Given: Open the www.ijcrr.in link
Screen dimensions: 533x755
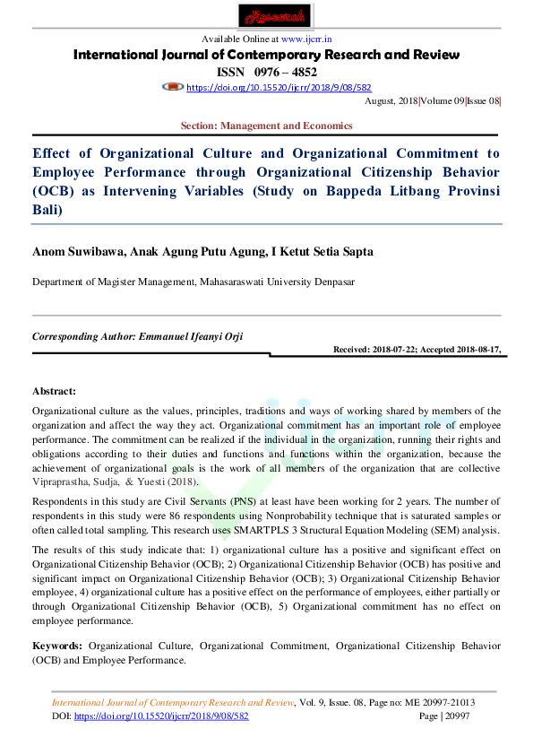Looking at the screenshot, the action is tap(306, 40).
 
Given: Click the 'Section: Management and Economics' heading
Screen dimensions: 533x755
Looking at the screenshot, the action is tap(266, 126).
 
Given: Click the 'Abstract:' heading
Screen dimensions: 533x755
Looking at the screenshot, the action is tap(54, 392).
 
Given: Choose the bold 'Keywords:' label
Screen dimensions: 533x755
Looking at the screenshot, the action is tap(57, 646).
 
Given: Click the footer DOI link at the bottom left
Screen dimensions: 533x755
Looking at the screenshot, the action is tap(161, 716).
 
